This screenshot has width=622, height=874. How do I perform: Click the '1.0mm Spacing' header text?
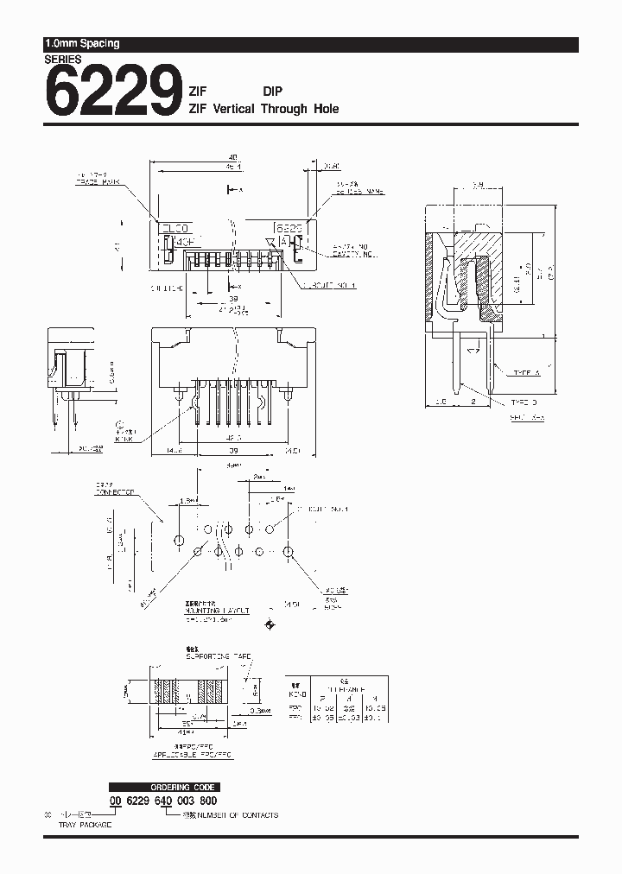click(x=82, y=43)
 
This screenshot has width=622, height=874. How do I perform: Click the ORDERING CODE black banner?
click(x=163, y=787)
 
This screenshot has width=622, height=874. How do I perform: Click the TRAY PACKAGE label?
click(x=86, y=825)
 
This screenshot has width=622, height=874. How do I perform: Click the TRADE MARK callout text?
click(x=95, y=182)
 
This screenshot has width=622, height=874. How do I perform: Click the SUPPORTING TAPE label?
click(x=219, y=656)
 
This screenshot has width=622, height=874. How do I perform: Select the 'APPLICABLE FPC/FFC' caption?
click(x=194, y=754)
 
